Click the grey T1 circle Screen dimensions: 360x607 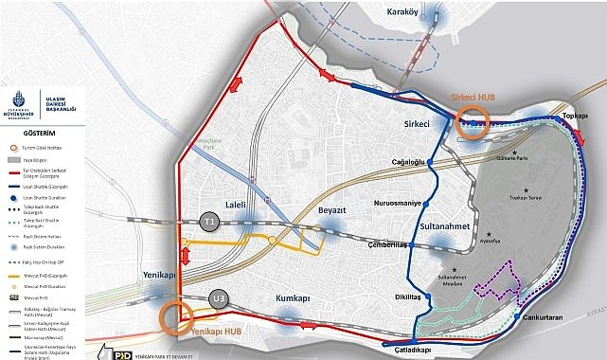[211, 220]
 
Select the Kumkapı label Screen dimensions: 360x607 [291, 298]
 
